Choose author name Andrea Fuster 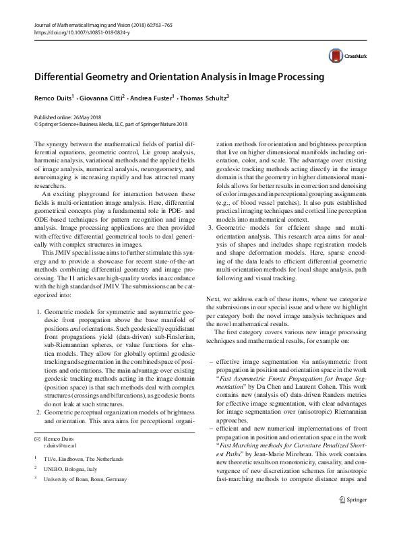(152, 98)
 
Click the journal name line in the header (94, 25)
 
